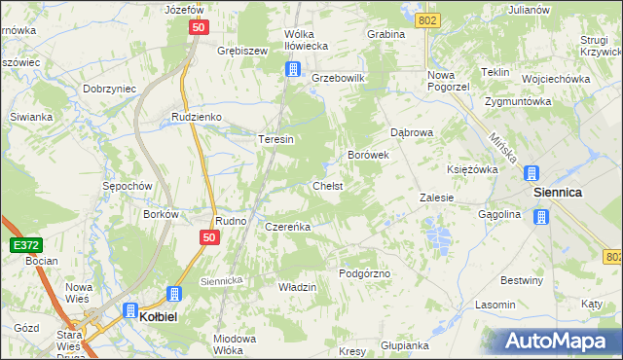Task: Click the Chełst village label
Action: tap(327, 185)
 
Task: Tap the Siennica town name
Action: tap(557, 193)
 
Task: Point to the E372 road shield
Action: tap(26, 245)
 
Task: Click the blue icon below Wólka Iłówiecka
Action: tap(292, 69)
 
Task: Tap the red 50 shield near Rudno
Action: tap(209, 236)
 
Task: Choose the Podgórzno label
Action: tap(364, 273)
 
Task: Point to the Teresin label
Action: tap(275, 139)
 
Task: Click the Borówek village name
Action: tap(369, 155)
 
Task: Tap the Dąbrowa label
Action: tap(411, 131)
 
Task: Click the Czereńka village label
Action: tap(287, 227)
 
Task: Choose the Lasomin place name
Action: tap(495, 305)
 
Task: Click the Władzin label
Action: tap(298, 287)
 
